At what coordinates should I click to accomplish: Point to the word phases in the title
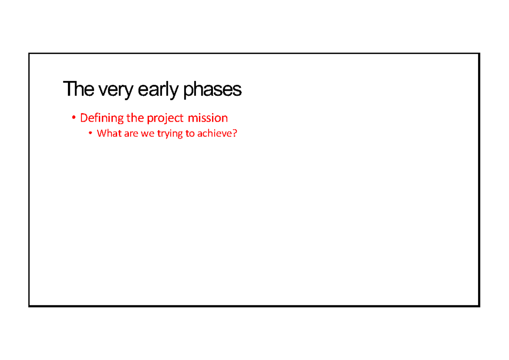click(213, 90)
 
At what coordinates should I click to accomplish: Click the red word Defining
click(102, 118)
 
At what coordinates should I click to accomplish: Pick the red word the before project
click(135, 117)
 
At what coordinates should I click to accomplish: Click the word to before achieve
click(190, 134)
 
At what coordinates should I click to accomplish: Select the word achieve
click(214, 133)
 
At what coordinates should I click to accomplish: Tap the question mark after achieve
click(235, 133)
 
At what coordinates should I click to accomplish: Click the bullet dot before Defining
click(73, 118)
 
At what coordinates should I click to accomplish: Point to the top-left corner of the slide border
click(29, 54)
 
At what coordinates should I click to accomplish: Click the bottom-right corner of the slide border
click(479, 306)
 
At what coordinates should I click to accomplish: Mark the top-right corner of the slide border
click(479, 54)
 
